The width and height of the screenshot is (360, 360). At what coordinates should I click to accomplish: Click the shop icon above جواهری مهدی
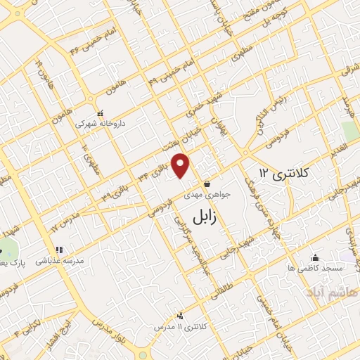pyautogui.click(x=206, y=184)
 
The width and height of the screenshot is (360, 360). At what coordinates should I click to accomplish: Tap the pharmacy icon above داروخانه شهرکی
pyautogui.click(x=100, y=112)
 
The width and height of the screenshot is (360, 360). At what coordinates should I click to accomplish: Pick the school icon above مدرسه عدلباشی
pyautogui.click(x=59, y=250)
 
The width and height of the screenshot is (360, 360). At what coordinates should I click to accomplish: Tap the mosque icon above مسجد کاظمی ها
pyautogui.click(x=314, y=257)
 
